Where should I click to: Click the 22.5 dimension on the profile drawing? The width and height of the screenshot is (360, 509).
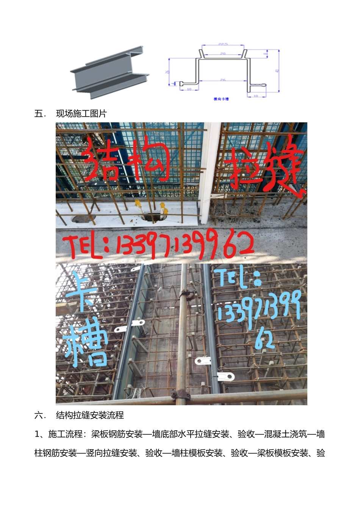(x=223, y=44)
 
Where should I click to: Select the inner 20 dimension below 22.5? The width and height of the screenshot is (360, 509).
(x=223, y=54)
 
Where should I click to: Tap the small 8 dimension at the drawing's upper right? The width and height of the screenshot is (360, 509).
(x=266, y=54)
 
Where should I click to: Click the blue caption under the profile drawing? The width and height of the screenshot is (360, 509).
(x=221, y=99)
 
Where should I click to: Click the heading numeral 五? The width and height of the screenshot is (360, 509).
(x=39, y=114)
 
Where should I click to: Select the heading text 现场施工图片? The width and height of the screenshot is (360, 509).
(x=81, y=114)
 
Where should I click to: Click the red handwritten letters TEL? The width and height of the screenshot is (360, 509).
(x=84, y=246)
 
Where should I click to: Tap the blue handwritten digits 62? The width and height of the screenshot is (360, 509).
(x=265, y=339)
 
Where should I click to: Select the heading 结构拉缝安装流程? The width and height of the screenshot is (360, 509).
(x=90, y=415)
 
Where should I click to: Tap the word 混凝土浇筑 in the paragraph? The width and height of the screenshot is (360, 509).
(x=285, y=434)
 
